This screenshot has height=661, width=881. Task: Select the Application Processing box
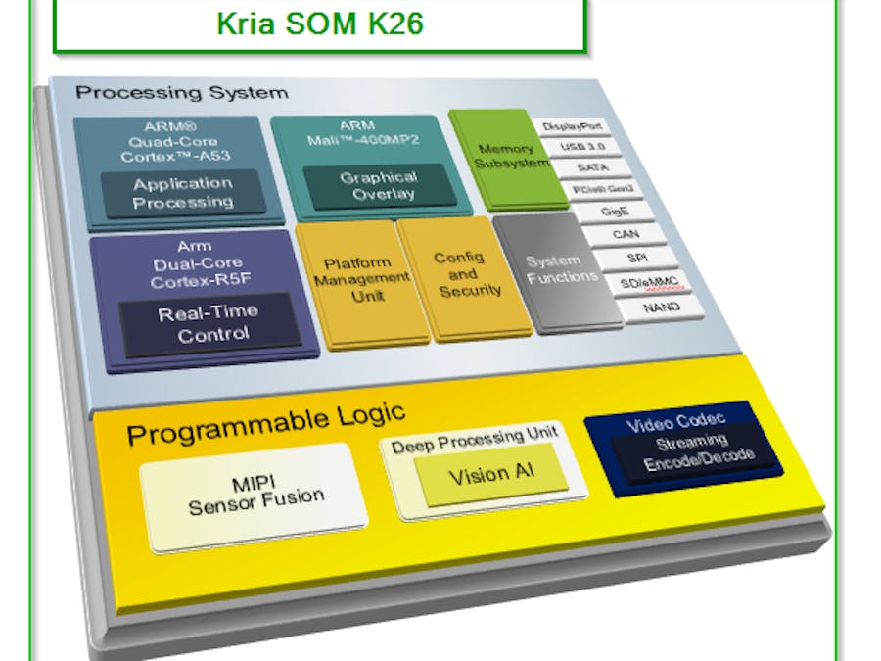(184, 193)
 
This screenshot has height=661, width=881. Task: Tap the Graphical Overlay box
(378, 185)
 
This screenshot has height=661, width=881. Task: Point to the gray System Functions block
(561, 269)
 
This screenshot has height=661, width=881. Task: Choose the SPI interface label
(635, 259)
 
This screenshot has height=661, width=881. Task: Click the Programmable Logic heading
(265, 424)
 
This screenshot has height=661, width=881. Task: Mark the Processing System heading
(182, 93)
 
